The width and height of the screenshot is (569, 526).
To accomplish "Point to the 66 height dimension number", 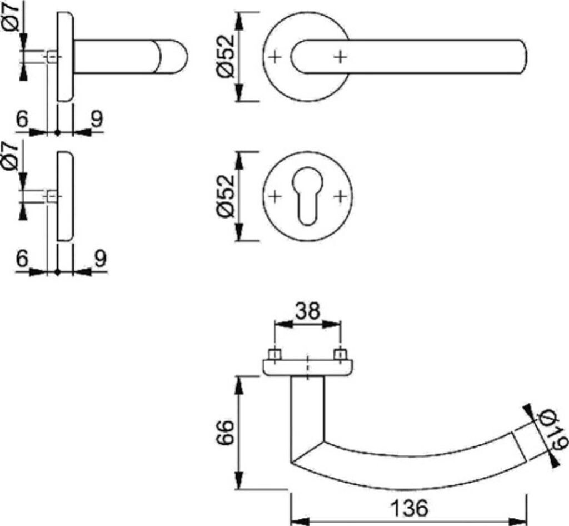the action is coord(226,433).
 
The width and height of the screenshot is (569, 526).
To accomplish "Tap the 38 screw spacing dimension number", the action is coord(307,311).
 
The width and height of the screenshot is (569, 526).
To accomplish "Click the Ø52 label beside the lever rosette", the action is coord(226,56).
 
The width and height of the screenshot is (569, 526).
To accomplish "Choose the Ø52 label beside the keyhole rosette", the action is coord(226,196).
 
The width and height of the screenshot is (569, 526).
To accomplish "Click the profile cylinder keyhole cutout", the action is coord(307,195).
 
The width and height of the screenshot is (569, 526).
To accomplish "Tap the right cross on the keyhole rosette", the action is coord(340,196).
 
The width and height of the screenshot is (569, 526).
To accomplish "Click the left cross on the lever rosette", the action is coord(275,57).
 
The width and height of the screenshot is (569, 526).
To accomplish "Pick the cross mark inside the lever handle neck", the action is coord(340,57).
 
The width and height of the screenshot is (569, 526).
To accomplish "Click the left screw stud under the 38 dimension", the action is coord(274,354).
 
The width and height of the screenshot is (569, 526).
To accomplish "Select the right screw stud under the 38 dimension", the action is coord(340,354).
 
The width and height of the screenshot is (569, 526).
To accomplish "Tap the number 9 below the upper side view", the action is coord(97,118).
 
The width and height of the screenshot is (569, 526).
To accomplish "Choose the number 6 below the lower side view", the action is coord(22,258).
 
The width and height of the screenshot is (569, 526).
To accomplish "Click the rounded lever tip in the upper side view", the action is coord(173,57).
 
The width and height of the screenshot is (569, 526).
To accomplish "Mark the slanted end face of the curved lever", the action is coord(519,447).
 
